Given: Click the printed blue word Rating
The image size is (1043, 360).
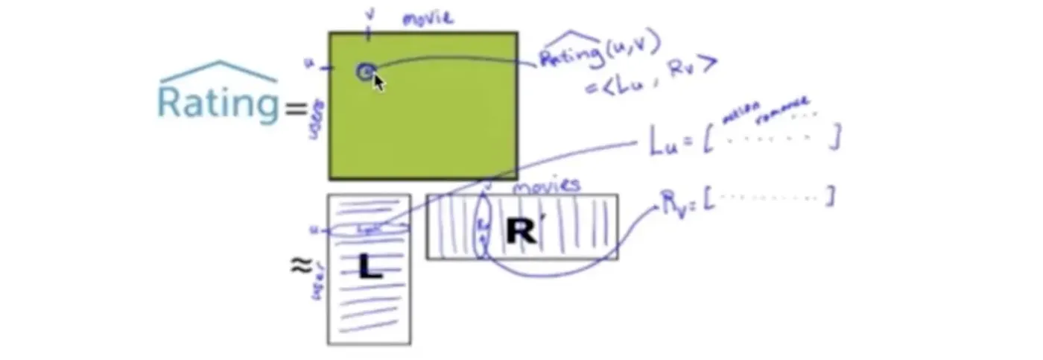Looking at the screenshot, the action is point(218,103).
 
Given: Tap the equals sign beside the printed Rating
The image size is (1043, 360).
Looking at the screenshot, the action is point(295,110).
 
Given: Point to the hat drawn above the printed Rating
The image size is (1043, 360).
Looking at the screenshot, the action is point(218,72).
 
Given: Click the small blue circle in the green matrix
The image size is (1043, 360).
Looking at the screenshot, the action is point(365,72).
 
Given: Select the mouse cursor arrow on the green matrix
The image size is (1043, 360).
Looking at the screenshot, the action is point(378,81).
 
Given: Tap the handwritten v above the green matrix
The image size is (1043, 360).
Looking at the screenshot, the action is point(368,13).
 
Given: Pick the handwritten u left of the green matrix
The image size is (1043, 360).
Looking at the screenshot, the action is point(308,65).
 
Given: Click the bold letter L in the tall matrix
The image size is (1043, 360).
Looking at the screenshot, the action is point(370,267).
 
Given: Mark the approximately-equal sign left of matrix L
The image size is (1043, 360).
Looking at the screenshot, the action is point(301,265).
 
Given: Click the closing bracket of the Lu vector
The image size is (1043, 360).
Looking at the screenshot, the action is point(836,136).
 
